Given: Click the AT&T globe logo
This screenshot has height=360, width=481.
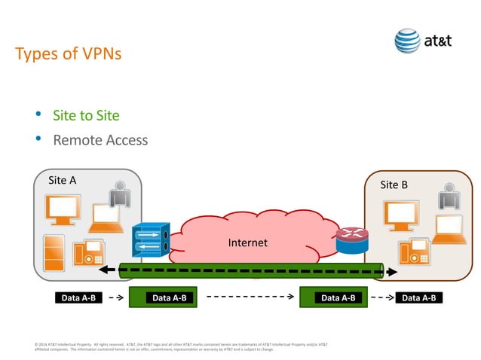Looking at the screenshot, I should point(408,41).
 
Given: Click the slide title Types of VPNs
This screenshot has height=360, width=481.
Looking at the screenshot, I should point(68,55).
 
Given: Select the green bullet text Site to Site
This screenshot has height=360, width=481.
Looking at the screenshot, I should point(86,115).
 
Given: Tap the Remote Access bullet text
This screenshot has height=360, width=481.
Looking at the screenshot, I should point(100,140).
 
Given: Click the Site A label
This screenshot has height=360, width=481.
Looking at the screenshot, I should point(62,180).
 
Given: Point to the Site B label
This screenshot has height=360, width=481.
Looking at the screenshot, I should point(394,185).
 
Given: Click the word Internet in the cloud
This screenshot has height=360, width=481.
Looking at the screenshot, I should point(248,243).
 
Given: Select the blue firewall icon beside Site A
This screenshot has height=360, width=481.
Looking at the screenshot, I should point(151,240).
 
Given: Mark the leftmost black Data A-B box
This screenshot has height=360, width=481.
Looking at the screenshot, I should point(78,297).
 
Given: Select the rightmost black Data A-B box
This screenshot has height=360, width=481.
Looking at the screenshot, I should point(420,297).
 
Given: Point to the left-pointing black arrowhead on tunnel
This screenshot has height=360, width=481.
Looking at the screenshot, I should point(111,270).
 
